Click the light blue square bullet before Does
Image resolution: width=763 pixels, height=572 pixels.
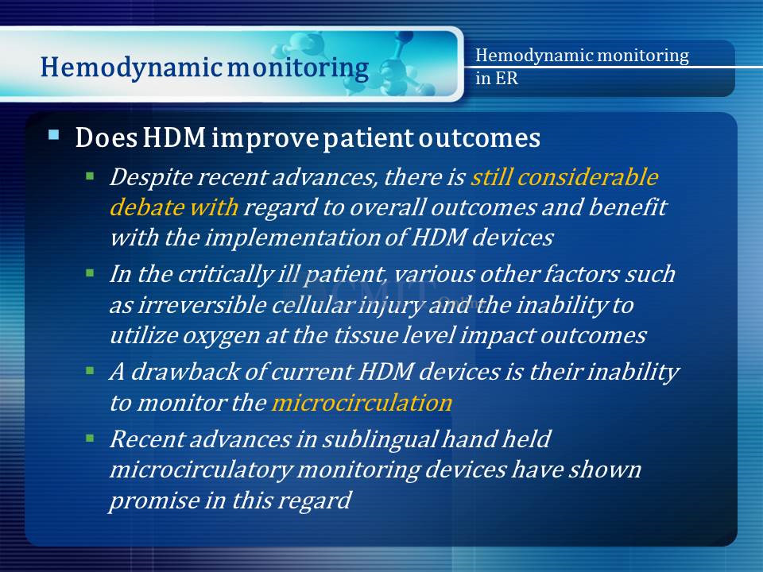[53, 134]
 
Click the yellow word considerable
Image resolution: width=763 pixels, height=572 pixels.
[588, 176]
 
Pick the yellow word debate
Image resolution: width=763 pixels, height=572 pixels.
[146, 207]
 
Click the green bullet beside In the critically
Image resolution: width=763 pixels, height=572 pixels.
[90, 272]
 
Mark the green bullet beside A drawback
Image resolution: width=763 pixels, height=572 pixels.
[90, 371]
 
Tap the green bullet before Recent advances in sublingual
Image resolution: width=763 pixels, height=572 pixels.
[90, 439]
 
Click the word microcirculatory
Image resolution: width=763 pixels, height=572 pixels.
[200, 470]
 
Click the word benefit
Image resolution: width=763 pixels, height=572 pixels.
[628, 207]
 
